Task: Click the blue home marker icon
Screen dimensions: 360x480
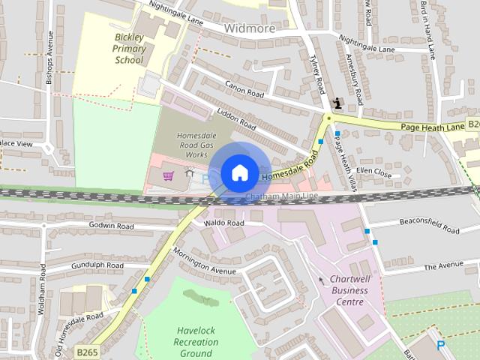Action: click(x=239, y=173)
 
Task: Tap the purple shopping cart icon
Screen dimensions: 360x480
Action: click(x=169, y=176)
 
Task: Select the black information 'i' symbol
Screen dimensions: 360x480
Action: click(x=337, y=103)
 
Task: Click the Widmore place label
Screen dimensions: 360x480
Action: click(x=250, y=28)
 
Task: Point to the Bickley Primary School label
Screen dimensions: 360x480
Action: click(x=129, y=48)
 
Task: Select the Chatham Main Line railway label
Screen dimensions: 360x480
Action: click(x=282, y=197)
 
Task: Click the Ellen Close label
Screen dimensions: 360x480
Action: click(x=373, y=172)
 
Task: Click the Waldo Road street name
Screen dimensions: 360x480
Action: click(x=225, y=223)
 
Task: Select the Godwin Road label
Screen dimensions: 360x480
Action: click(x=111, y=226)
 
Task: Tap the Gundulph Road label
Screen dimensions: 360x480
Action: click(x=97, y=265)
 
